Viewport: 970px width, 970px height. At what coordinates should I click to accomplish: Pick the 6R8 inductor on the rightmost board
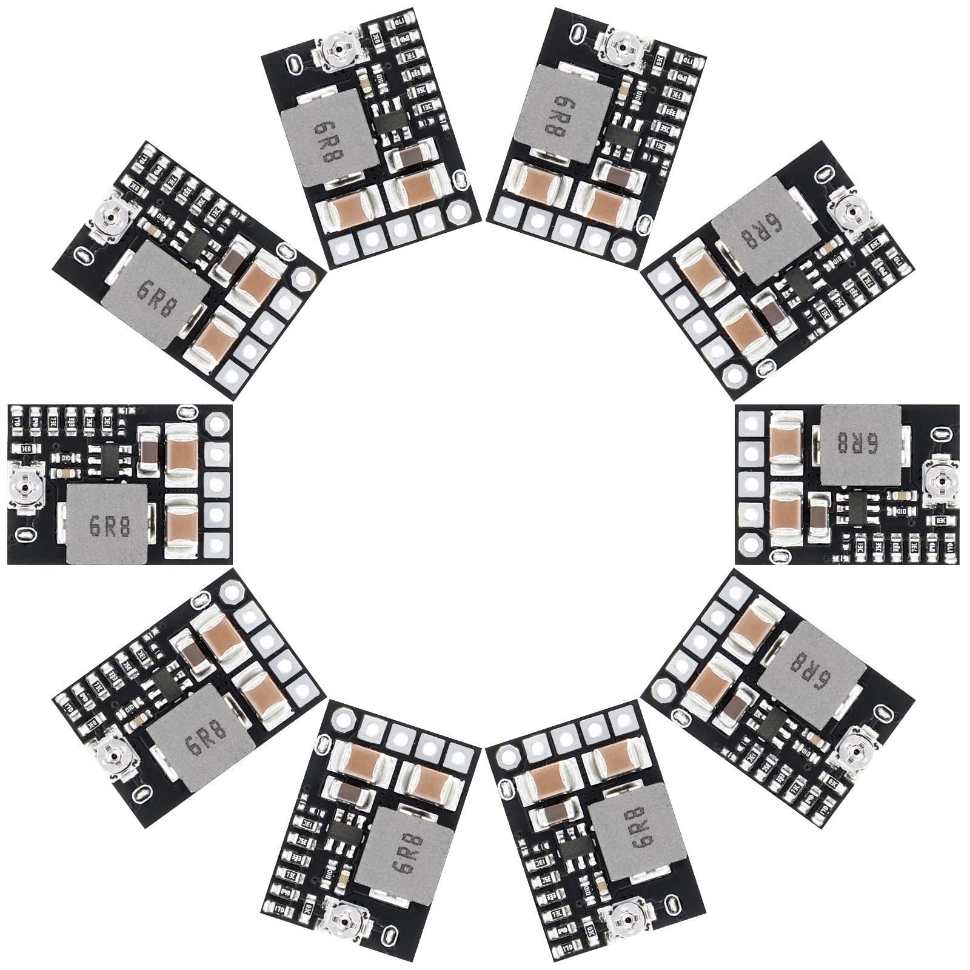tap(860, 445)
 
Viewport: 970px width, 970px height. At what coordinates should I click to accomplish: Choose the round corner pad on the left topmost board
tap(458, 212)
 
